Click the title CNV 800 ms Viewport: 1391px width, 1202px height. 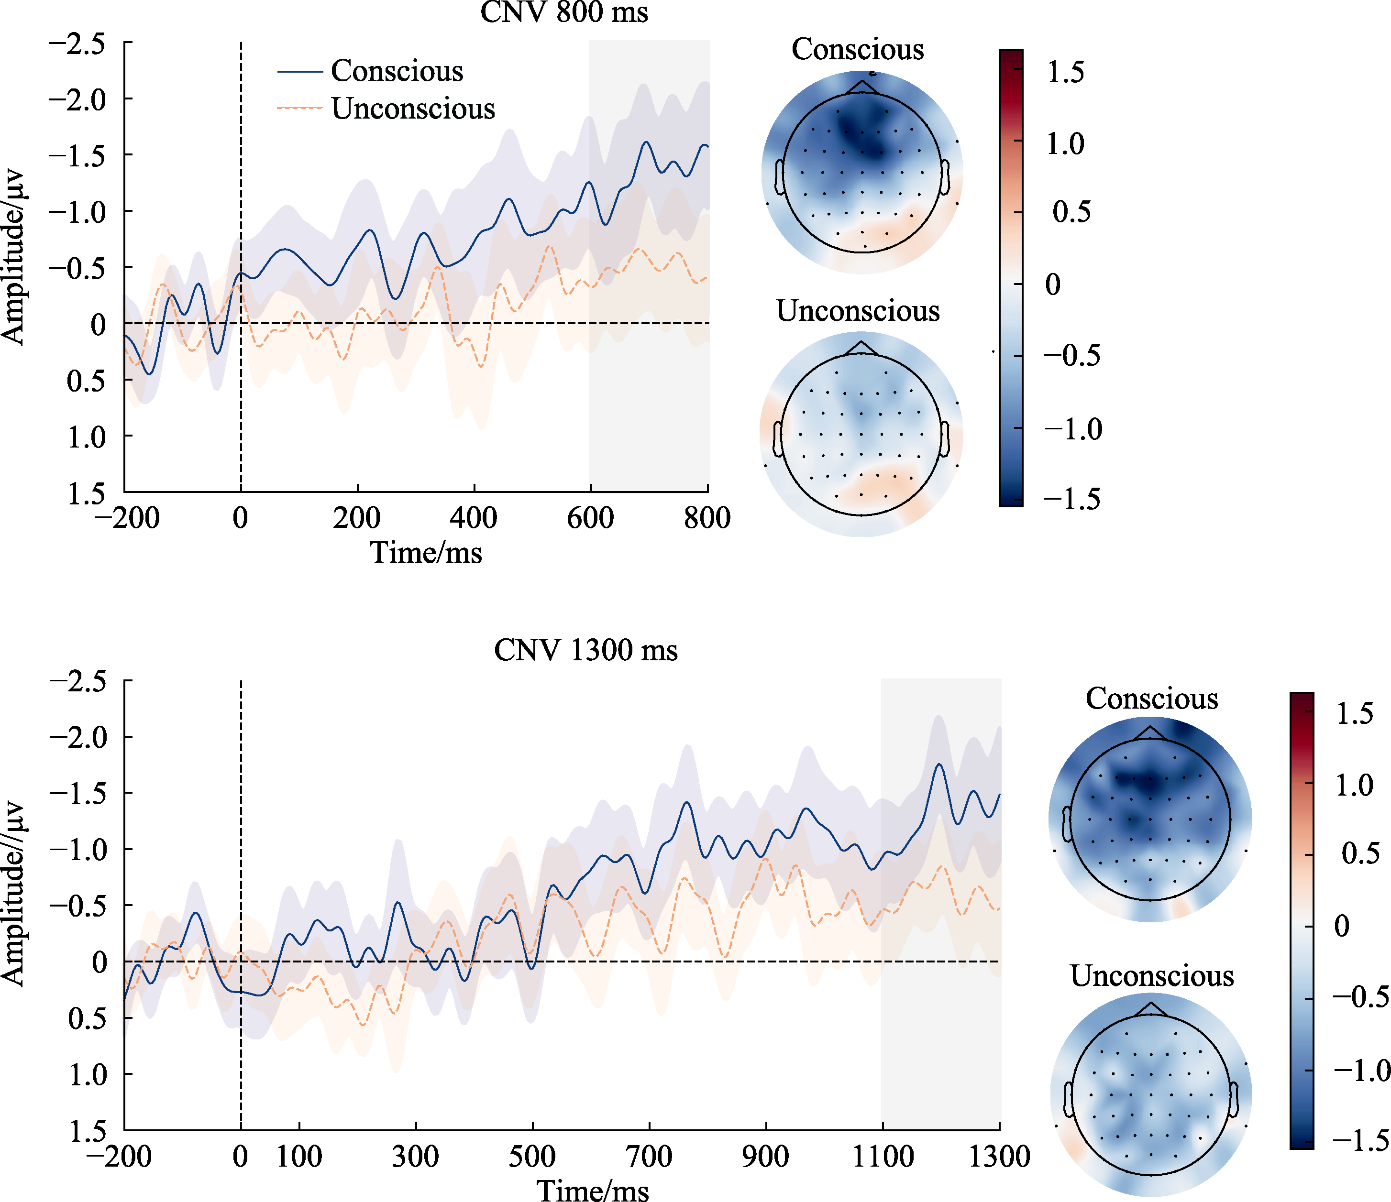(x=564, y=12)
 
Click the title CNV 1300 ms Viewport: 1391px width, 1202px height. (x=585, y=650)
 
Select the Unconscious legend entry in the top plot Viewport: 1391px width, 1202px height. (x=412, y=109)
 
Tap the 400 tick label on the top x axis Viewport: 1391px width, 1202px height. (x=474, y=517)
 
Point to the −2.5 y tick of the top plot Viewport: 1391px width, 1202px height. (x=77, y=44)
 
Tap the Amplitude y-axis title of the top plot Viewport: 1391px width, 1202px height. (x=13, y=258)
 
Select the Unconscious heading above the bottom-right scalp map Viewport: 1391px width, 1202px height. (x=1151, y=976)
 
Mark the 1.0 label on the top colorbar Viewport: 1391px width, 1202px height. (x=1065, y=143)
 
